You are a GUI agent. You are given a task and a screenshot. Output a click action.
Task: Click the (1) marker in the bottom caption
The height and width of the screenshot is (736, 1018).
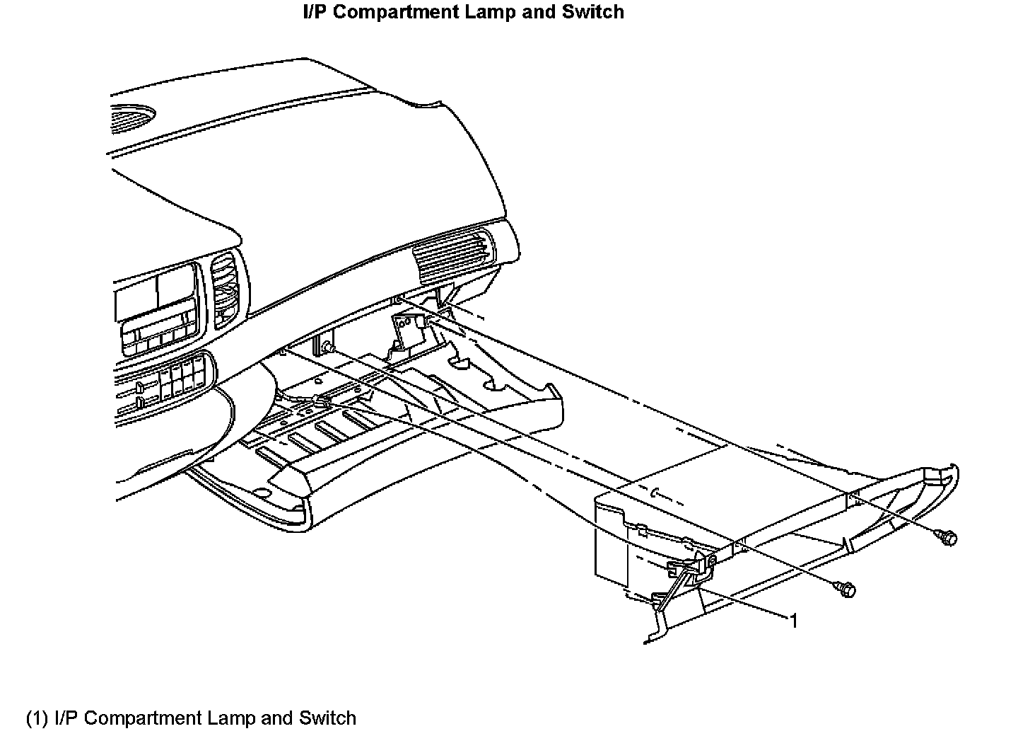click(37, 718)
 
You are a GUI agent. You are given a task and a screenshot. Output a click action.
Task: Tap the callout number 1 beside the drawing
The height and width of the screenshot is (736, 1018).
click(793, 621)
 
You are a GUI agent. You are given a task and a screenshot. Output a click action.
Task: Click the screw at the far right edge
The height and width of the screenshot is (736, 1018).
click(949, 539)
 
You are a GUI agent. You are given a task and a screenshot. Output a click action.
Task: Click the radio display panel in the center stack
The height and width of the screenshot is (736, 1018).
click(157, 290)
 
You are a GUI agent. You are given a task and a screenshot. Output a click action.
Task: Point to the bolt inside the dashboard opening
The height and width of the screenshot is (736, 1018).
click(329, 347)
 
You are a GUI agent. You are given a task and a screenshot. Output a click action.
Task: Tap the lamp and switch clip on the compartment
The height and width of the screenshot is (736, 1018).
click(689, 566)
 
